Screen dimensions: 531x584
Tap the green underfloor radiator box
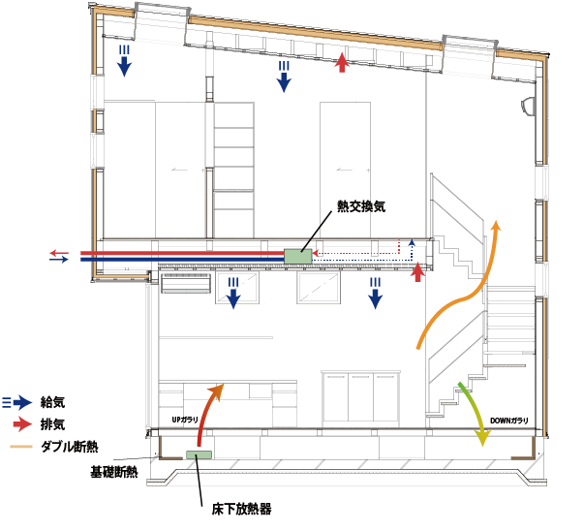point(199,453)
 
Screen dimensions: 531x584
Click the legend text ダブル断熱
point(70,447)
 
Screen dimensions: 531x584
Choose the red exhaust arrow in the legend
point(20,424)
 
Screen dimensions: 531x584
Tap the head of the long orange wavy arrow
point(498,227)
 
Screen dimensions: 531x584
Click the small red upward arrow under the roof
point(341,63)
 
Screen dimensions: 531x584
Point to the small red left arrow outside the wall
point(58,253)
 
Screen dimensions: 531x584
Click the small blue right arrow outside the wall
point(59,260)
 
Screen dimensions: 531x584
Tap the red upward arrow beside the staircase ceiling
point(417,273)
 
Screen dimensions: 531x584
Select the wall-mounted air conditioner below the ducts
point(186,283)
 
